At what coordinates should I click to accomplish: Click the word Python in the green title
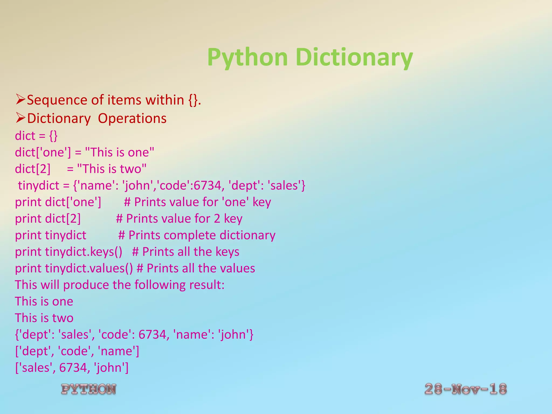pyautogui.click(x=247, y=57)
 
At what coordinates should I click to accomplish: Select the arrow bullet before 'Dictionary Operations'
pyautogui.click(x=20, y=118)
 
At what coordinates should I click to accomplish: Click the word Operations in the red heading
pyautogui.click(x=132, y=118)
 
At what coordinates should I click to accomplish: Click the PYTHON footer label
pyautogui.click(x=89, y=389)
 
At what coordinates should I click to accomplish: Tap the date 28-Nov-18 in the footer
pyautogui.click(x=465, y=389)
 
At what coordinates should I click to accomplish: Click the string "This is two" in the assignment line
pyautogui.click(x=112, y=169)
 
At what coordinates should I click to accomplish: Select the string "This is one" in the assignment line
pyautogui.click(x=119, y=152)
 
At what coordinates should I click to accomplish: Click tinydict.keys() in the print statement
pyautogui.click(x=84, y=252)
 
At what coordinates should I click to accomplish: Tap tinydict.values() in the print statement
pyautogui.click(x=89, y=268)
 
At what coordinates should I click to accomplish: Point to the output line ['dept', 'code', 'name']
pyautogui.click(x=77, y=351)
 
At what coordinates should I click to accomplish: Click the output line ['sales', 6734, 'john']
pyautogui.click(x=72, y=368)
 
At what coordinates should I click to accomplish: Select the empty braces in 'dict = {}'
pyautogui.click(x=53, y=136)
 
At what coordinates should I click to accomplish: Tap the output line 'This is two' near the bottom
pyautogui.click(x=44, y=318)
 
